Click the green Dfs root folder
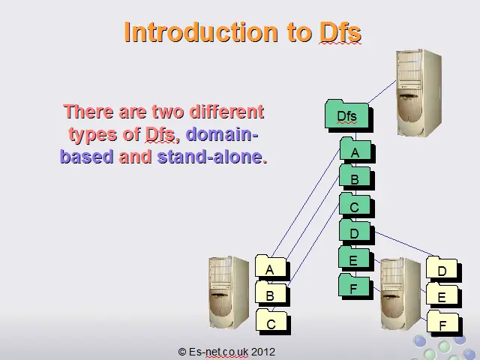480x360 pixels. coord(349,115)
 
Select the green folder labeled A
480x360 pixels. coord(357,151)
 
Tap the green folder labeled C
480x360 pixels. coord(356,205)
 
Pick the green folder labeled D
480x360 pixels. coord(356,232)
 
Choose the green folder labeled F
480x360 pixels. coord(355,286)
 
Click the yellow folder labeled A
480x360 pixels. coord(272,268)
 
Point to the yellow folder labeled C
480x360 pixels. coord(273,322)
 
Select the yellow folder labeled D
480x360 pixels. coord(443,269)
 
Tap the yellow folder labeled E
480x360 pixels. coord(443,295)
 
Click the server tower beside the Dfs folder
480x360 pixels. coord(418,92)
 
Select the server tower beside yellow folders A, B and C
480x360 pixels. coord(229,292)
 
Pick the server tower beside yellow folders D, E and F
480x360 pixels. coord(400,294)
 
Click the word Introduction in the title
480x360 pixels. coord(201,31)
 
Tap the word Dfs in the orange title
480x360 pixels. coord(340,31)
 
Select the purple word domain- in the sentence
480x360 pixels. coord(222,133)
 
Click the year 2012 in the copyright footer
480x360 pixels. coord(263,352)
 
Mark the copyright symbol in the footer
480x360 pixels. coord(181,352)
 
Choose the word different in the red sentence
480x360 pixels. coord(226,112)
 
